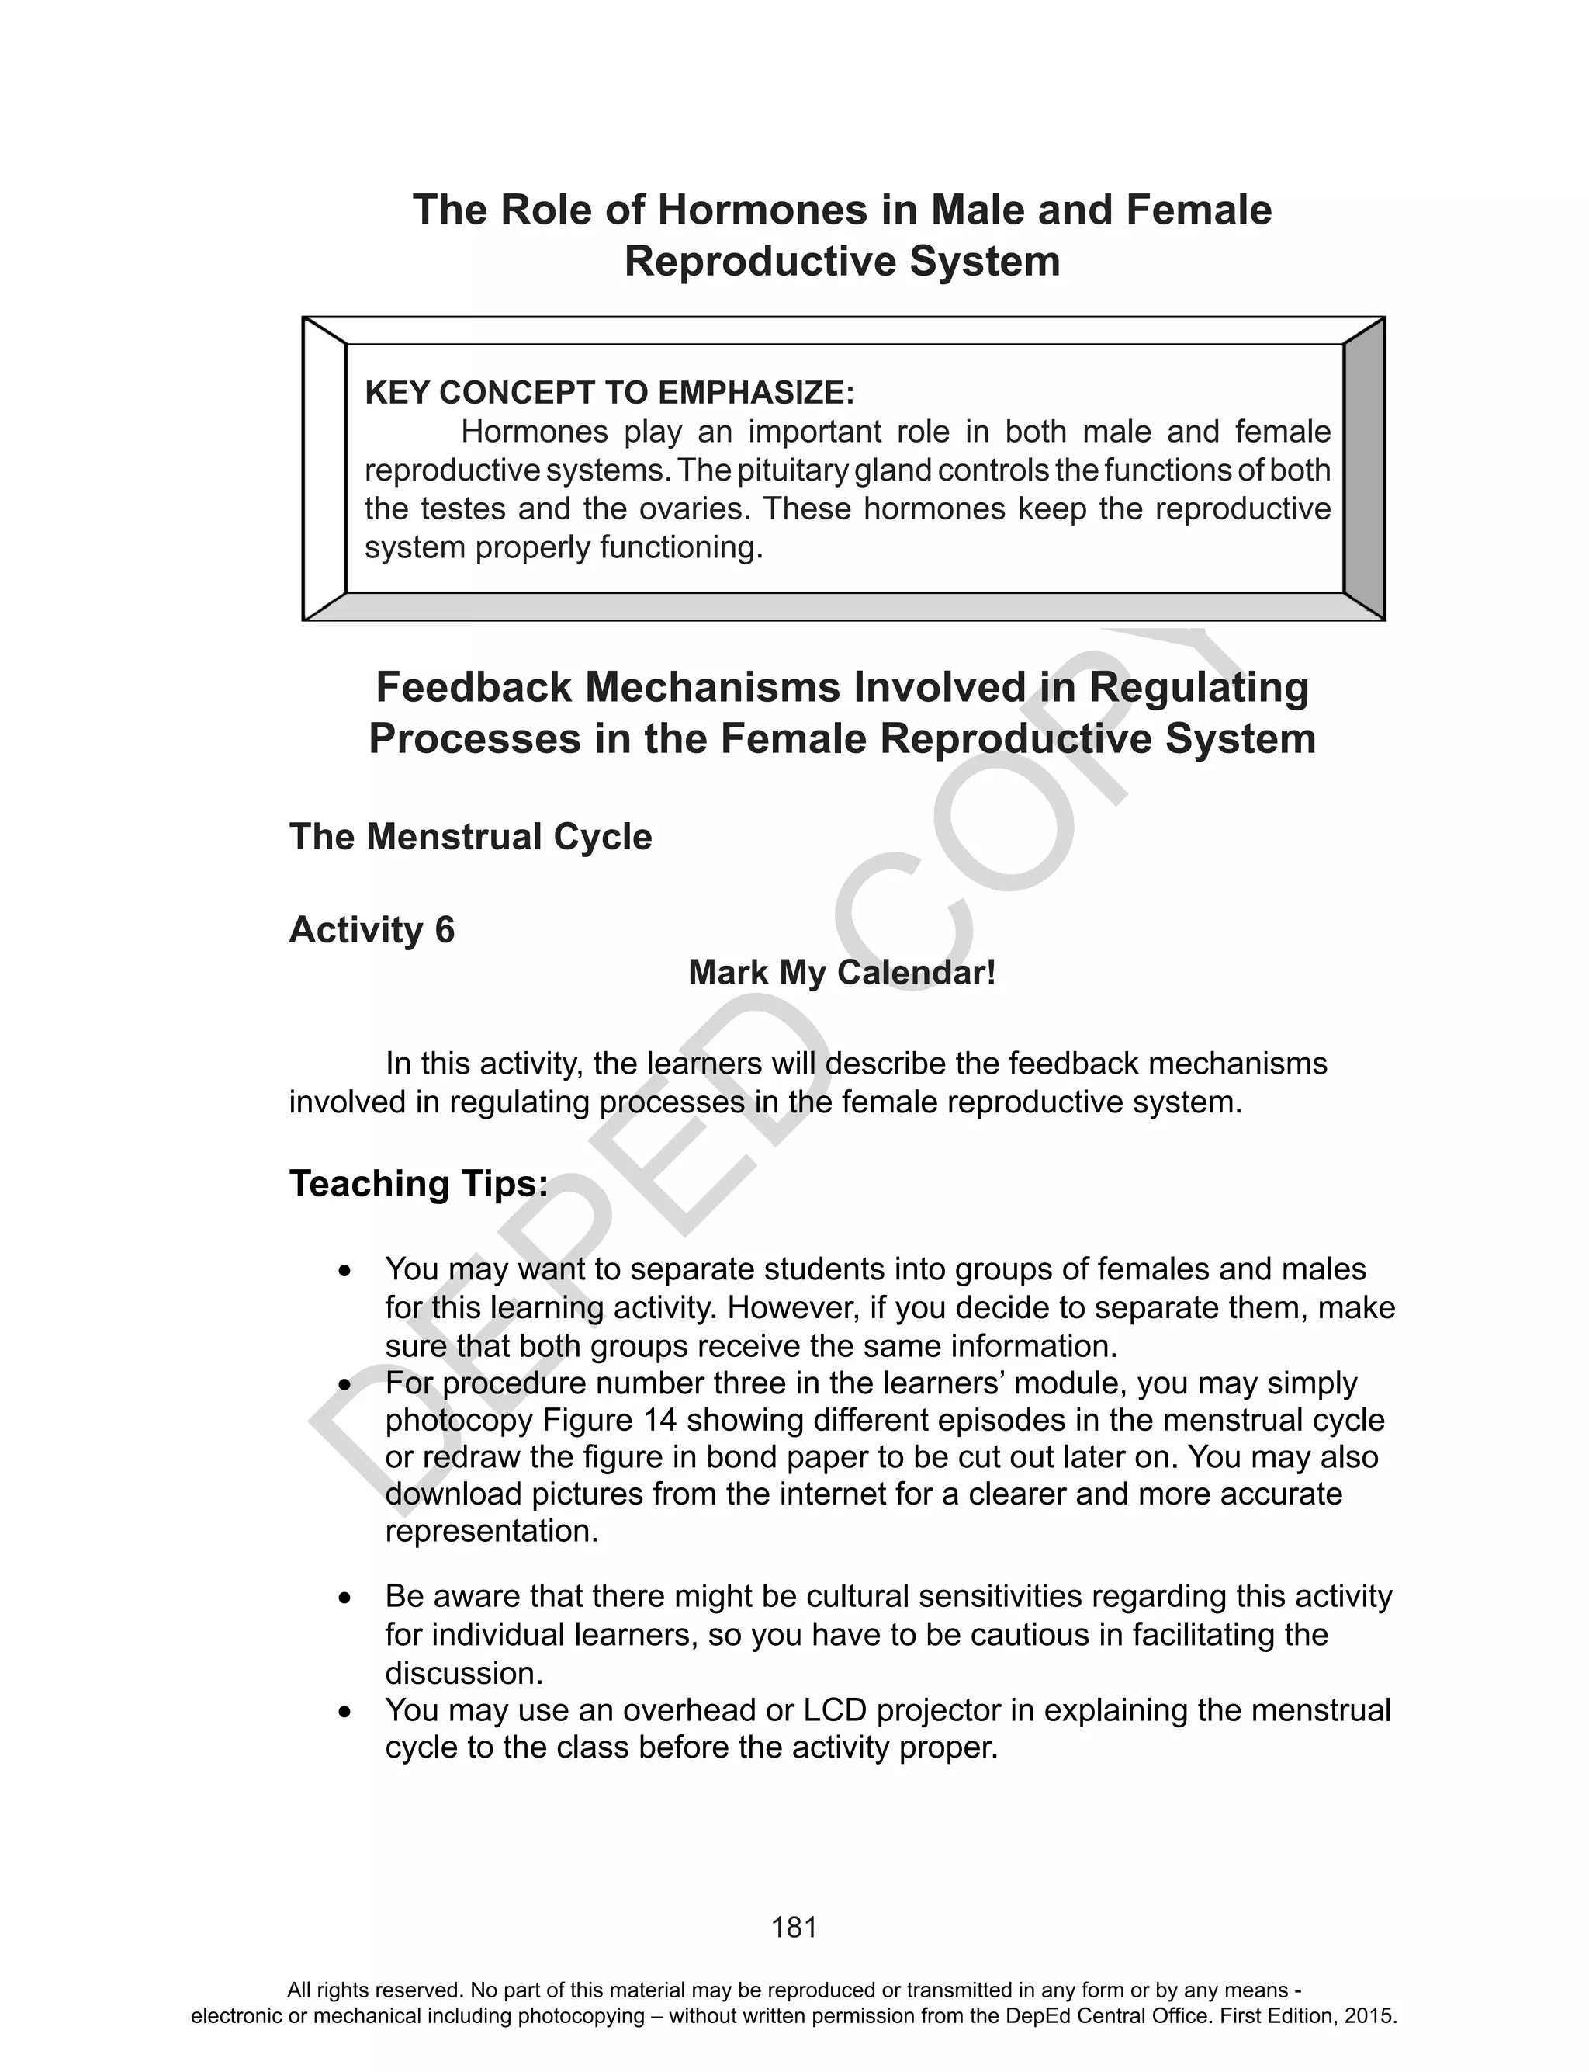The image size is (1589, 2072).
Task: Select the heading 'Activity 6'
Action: (372, 930)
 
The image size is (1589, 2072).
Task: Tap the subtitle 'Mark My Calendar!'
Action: (842, 973)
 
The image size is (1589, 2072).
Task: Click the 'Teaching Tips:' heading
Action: (419, 1184)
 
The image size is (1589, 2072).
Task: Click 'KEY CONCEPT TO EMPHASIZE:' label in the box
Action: (609, 393)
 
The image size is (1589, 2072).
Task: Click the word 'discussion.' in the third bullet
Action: (463, 1674)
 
